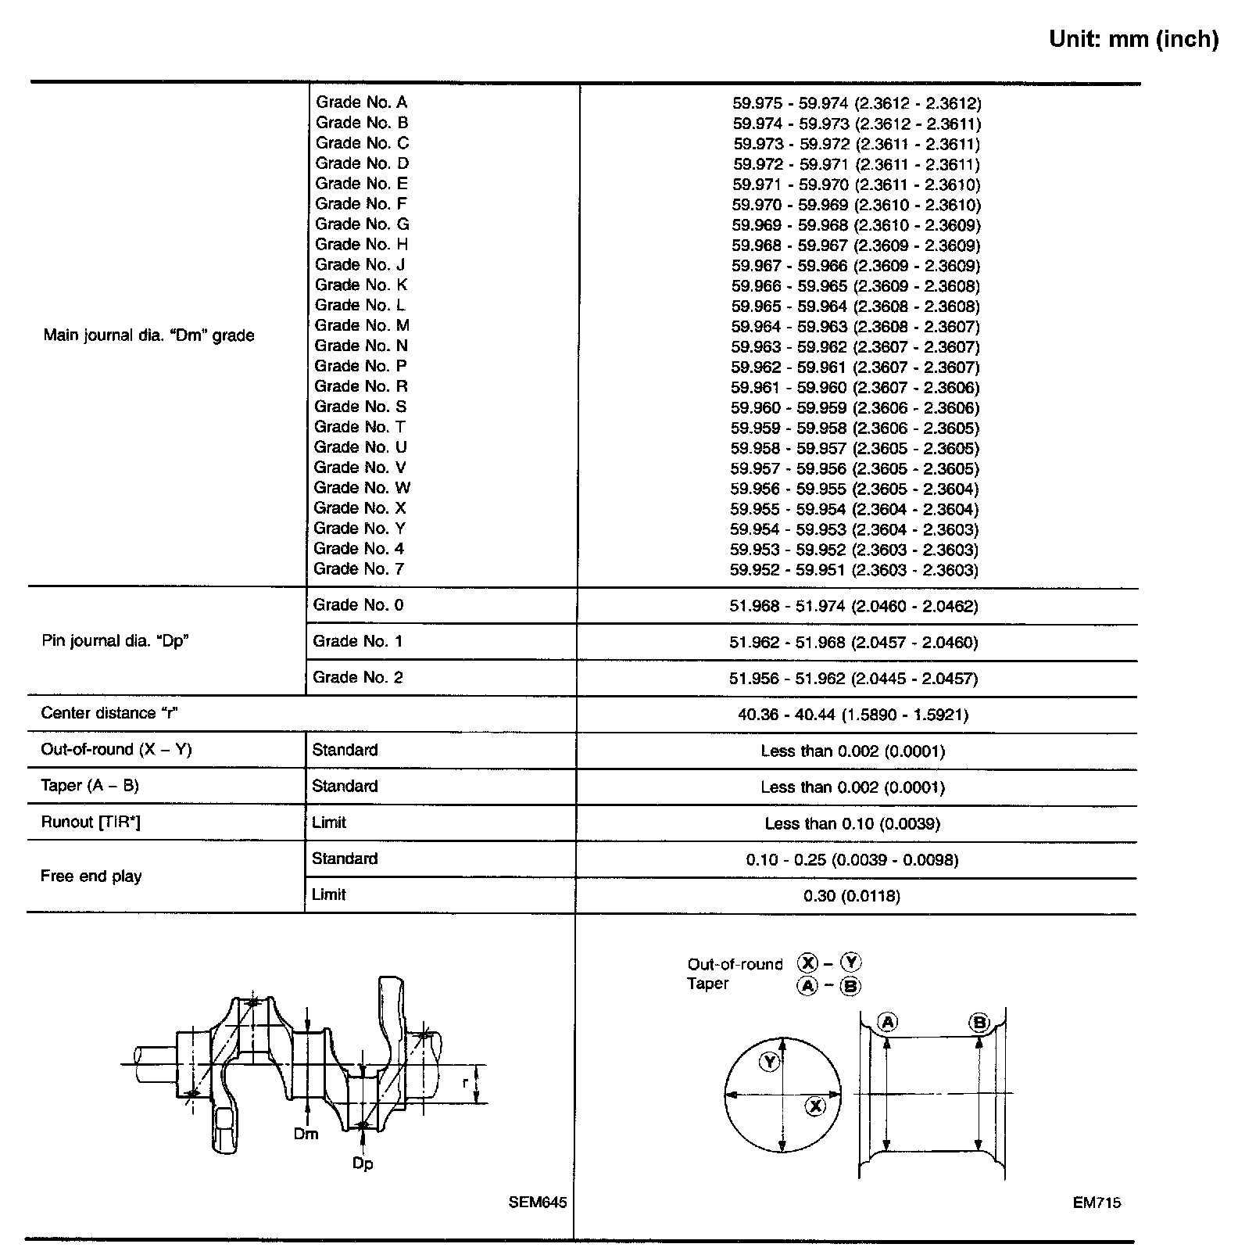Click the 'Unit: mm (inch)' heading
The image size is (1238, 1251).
point(1133,39)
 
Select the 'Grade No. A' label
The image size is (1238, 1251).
point(361,102)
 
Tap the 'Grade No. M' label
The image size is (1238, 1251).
point(362,326)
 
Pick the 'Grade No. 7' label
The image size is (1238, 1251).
point(359,569)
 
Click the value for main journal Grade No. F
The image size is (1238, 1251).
point(856,206)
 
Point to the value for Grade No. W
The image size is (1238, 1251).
point(854,489)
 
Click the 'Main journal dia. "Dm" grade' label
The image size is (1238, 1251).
point(148,335)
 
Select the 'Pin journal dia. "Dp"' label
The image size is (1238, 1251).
point(116,641)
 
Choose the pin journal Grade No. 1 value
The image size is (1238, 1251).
point(853,643)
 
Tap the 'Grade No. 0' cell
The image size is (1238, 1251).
point(358,605)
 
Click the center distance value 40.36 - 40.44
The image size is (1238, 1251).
point(853,715)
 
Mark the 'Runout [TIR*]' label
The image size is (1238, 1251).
point(91,823)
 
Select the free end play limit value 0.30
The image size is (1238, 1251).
point(851,896)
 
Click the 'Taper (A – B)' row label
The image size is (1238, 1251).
point(90,786)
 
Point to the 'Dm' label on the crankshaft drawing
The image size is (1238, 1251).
point(306,1134)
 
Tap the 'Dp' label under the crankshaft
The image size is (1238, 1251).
point(362,1163)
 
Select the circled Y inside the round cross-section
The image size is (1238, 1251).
point(771,1061)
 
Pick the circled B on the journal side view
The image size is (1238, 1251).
point(979,1022)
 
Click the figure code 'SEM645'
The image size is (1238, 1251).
point(537,1203)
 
